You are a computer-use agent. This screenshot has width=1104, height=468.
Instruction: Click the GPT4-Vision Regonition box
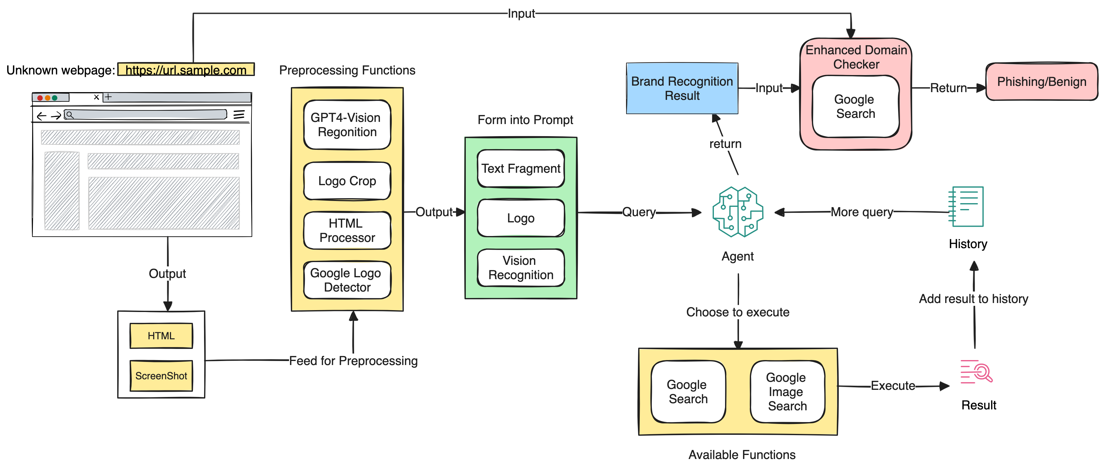pyautogui.click(x=347, y=125)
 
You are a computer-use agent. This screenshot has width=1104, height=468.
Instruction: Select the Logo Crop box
pyautogui.click(x=347, y=181)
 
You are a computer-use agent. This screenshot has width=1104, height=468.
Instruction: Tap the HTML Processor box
pyautogui.click(x=347, y=230)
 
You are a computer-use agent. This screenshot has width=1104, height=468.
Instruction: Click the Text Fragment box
pyautogui.click(x=521, y=168)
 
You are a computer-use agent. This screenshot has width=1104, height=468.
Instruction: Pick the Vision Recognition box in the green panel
pyautogui.click(x=521, y=268)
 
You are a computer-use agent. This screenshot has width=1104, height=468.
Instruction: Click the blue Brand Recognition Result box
pyautogui.click(x=682, y=88)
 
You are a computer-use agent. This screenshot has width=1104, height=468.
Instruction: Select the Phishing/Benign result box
pyautogui.click(x=1041, y=82)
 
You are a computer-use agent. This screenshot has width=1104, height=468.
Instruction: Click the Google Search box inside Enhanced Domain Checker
pyautogui.click(x=855, y=106)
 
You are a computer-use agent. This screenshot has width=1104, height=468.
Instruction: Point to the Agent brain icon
pyautogui.click(x=737, y=212)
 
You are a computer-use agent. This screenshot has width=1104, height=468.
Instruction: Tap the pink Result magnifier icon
pyautogui.click(x=977, y=372)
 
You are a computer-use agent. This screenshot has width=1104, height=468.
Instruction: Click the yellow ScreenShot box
pyautogui.click(x=161, y=376)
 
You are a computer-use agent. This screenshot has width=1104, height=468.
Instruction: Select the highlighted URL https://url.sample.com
pyautogui.click(x=186, y=70)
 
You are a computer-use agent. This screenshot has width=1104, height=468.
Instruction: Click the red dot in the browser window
pyautogui.click(x=40, y=98)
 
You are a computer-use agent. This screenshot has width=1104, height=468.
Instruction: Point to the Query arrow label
pyautogui.click(x=639, y=212)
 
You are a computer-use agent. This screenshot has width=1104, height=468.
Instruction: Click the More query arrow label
pyautogui.click(x=861, y=212)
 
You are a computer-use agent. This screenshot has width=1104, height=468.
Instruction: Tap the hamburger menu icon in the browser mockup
pyautogui.click(x=239, y=114)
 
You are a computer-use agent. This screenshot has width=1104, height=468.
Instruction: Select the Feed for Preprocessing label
pyautogui.click(x=353, y=361)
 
